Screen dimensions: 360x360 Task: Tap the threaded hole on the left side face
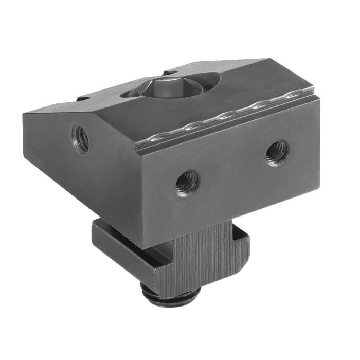(x=81, y=138)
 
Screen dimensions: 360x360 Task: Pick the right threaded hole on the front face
(x=277, y=153)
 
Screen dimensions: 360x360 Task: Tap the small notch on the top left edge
(x=83, y=98)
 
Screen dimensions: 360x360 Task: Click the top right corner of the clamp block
(x=313, y=93)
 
